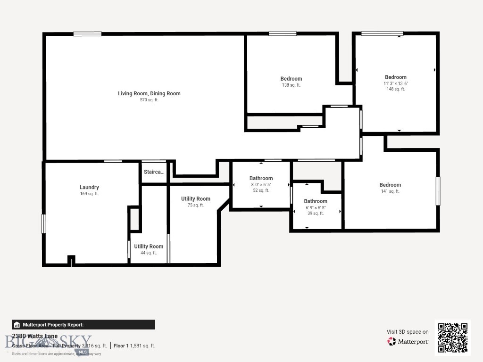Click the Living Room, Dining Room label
[x=149, y=93]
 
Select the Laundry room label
[x=89, y=187]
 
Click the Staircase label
[x=154, y=172]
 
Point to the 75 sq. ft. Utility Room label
[x=196, y=199]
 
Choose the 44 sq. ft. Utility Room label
[x=149, y=247]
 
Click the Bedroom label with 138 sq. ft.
[x=291, y=79]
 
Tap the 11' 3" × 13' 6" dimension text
[x=395, y=83]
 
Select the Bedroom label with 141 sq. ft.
[x=390, y=185]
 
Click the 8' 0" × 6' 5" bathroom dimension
[x=261, y=185]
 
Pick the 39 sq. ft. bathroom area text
[x=316, y=214]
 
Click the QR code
[x=452, y=337]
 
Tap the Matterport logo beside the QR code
[x=408, y=342]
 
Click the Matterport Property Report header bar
[x=83, y=325]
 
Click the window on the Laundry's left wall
[x=44, y=223]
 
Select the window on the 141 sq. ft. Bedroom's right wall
[x=438, y=191]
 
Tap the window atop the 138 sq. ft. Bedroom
[x=283, y=33]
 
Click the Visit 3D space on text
[x=408, y=332]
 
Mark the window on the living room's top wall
[x=87, y=34]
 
